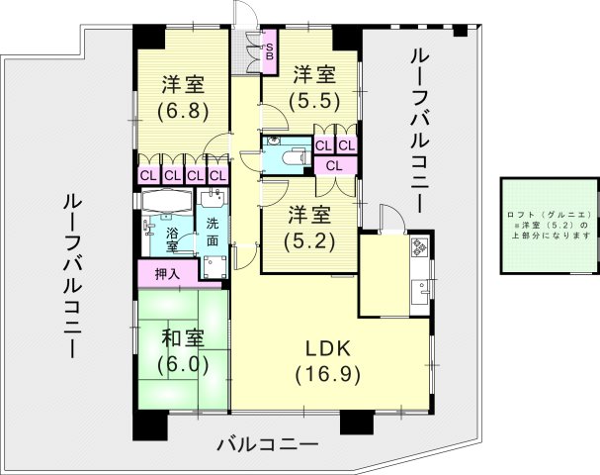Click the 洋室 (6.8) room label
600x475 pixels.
(186, 97)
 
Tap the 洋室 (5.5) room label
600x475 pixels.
(313, 87)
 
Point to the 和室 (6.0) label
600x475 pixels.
(184, 351)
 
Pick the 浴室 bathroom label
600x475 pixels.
(172, 238)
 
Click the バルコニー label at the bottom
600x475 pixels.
(268, 443)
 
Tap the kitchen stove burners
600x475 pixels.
(420, 244)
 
